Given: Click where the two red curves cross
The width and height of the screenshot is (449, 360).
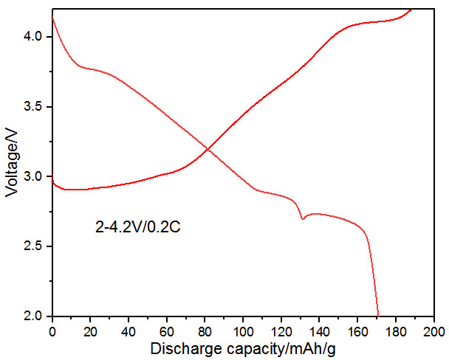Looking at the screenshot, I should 208,149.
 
